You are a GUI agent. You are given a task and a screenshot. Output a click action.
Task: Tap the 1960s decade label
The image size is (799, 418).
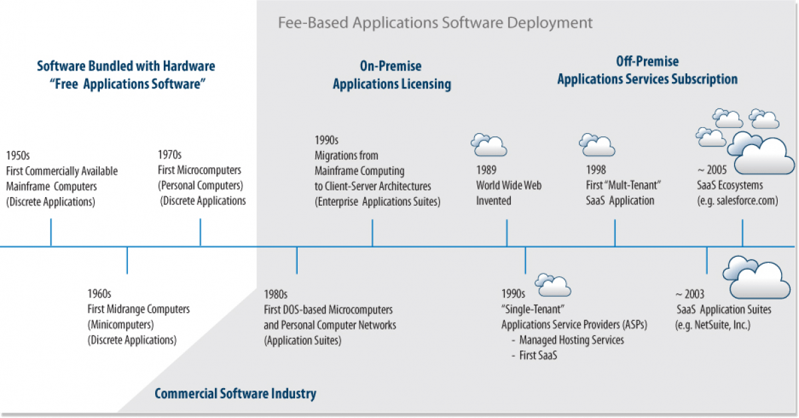click(99, 294)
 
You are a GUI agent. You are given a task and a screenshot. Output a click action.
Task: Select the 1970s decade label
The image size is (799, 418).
click(169, 154)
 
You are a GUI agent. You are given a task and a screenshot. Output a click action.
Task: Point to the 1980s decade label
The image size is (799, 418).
click(276, 294)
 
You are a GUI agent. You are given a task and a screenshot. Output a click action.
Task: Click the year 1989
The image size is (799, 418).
click(486, 170)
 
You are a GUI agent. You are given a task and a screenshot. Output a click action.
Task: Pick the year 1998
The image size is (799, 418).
click(596, 170)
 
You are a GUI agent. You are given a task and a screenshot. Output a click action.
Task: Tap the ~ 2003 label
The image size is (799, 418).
click(690, 294)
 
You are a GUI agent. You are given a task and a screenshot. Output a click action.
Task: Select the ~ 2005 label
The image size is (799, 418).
click(707, 170)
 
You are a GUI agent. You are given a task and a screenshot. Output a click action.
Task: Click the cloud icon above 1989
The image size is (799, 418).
click(489, 144)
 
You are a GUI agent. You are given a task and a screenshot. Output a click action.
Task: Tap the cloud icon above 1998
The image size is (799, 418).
click(597, 144)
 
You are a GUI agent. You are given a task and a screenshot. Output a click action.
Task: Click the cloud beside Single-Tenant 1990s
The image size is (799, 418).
click(553, 284)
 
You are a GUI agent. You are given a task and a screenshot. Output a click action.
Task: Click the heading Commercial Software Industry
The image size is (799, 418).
click(235, 393)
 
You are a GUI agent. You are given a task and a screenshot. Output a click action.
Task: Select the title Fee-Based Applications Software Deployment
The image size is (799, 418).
click(435, 23)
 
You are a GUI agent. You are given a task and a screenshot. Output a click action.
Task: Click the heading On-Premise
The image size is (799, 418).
click(391, 67)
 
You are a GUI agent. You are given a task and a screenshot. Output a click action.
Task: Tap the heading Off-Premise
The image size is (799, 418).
click(647, 62)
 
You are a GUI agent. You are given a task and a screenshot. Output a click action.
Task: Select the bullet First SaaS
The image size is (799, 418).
click(538, 355)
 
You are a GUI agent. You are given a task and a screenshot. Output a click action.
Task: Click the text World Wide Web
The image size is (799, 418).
click(509, 185)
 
